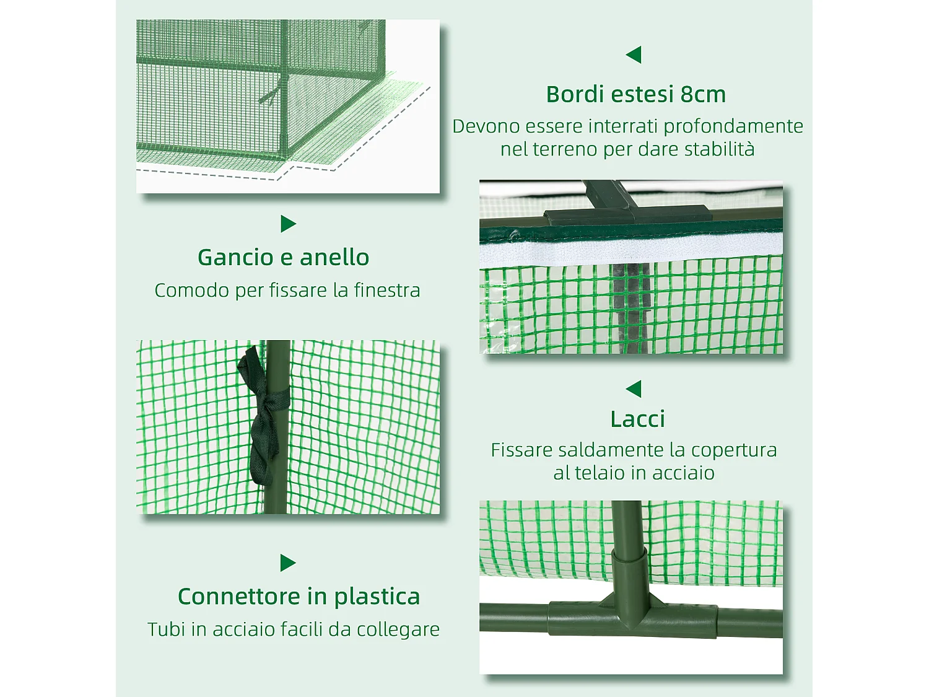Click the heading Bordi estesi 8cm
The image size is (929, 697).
[x=635, y=94]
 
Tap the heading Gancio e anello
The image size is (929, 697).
[x=284, y=257]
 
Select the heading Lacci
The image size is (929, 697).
[x=637, y=419]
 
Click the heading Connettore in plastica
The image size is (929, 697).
[x=299, y=597]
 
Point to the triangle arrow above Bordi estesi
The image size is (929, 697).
[x=634, y=55]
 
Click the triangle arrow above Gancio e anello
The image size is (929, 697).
[x=287, y=224]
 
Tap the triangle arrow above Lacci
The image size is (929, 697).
[x=634, y=389]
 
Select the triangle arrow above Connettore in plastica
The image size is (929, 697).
[x=287, y=563]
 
